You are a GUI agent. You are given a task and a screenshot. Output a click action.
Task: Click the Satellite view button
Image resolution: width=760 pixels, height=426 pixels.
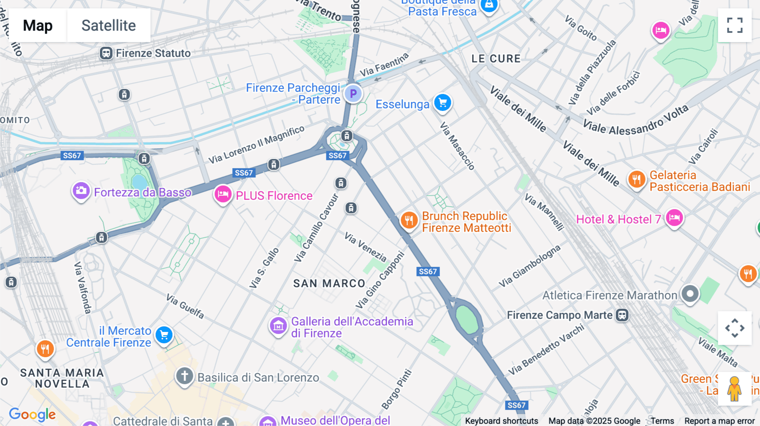[109, 25]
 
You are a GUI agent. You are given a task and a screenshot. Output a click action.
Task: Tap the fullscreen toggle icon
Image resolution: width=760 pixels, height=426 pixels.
[735, 25]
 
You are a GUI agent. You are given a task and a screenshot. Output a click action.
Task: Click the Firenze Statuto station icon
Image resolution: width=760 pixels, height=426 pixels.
[106, 53]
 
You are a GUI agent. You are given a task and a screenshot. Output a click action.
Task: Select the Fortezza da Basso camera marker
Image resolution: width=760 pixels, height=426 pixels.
[81, 191]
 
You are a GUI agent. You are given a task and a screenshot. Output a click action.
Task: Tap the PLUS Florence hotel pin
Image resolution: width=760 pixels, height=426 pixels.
[223, 194]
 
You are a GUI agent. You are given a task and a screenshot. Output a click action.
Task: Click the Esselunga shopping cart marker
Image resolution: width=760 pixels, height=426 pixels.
[442, 103]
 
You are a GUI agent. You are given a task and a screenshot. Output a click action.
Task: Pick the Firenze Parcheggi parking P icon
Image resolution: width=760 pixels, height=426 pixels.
[353, 94]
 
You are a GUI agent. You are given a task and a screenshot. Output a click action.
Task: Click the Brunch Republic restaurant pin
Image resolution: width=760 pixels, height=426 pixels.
[409, 220]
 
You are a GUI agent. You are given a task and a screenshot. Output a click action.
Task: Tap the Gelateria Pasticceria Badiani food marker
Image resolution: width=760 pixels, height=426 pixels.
[637, 180]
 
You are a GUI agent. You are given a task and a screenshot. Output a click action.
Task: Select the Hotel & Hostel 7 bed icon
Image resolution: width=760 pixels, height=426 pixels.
[674, 218]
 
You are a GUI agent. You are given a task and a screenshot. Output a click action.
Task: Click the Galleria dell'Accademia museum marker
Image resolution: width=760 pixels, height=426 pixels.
[278, 326]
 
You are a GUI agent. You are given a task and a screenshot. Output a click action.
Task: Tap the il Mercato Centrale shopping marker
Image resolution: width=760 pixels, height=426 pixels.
[164, 335]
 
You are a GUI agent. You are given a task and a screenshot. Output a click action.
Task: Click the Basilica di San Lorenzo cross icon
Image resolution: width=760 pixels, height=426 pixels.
[185, 375]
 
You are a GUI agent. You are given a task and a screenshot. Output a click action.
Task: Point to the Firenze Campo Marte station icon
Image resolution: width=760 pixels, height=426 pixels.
[622, 315]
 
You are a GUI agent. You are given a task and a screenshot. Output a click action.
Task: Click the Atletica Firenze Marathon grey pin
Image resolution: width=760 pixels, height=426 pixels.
[690, 294]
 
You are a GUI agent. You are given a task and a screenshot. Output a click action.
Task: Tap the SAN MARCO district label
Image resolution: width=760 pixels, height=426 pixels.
[329, 283]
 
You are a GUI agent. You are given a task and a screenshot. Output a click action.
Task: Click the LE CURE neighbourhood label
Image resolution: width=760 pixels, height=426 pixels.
[496, 59]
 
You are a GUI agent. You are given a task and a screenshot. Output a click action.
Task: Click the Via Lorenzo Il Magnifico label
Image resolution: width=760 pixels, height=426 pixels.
[256, 145]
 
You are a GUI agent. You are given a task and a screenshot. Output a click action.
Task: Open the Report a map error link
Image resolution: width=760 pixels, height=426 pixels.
[719, 421]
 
